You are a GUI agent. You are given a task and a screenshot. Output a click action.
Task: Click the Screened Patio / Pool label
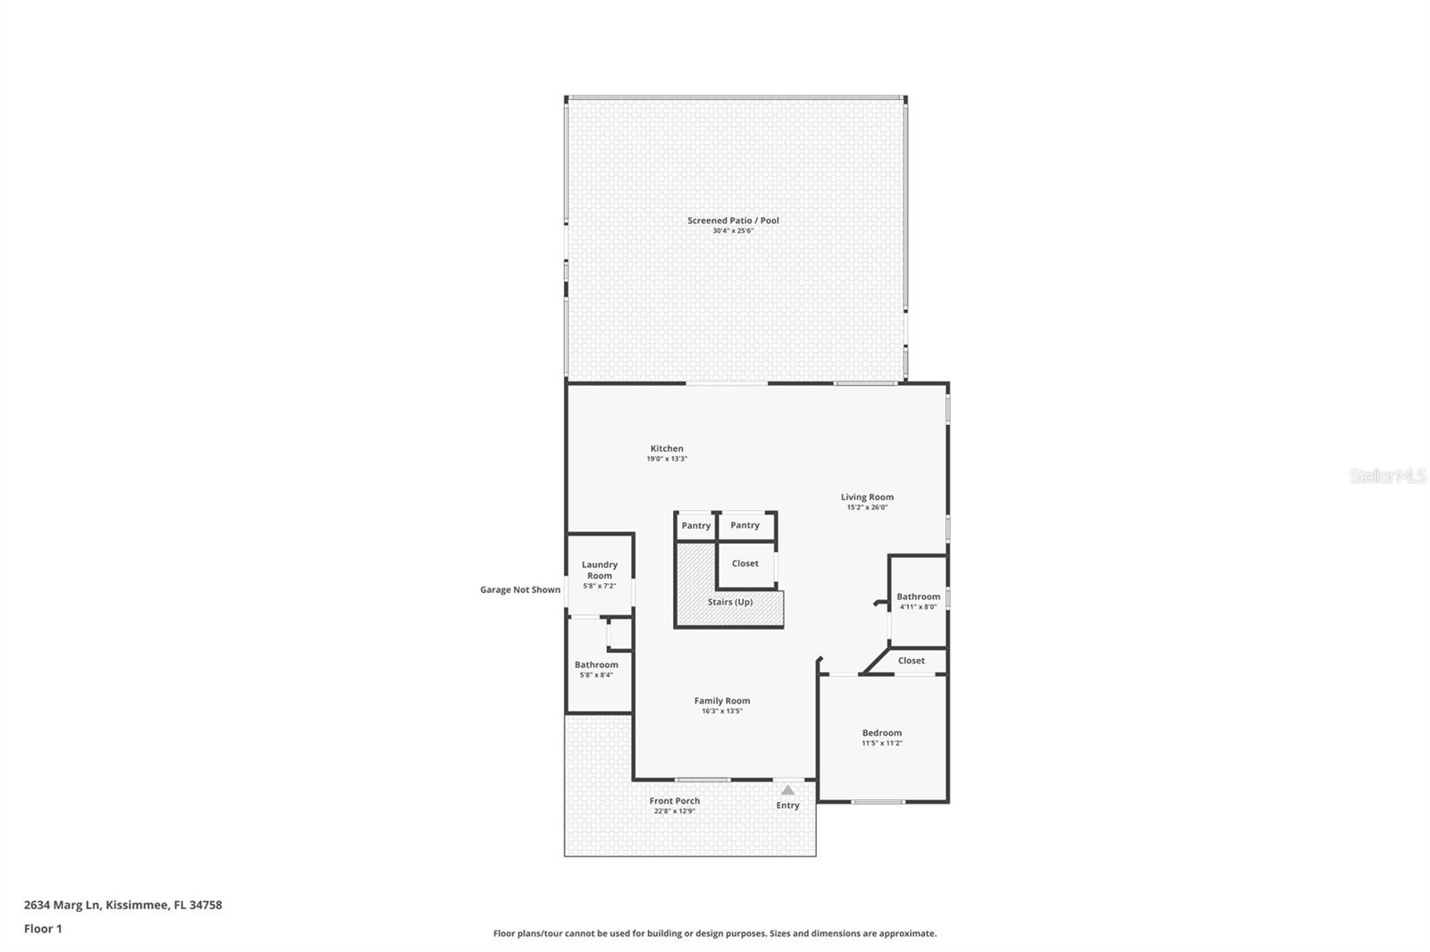click(x=733, y=221)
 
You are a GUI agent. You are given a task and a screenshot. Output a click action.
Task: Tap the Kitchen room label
click(x=667, y=449)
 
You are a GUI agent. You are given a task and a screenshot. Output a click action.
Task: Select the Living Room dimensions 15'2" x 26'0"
click(x=867, y=507)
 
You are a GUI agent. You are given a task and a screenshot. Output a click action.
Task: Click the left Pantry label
click(x=695, y=525)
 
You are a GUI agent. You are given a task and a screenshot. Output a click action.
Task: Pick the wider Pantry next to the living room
click(x=744, y=525)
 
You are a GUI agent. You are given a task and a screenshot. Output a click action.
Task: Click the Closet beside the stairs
click(x=744, y=564)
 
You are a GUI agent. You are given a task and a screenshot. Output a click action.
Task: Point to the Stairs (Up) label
click(x=730, y=602)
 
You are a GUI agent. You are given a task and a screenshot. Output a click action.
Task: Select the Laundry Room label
click(x=600, y=570)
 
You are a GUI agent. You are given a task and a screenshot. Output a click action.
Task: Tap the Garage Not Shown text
click(x=520, y=589)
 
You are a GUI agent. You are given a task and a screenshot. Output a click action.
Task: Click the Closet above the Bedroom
click(x=911, y=661)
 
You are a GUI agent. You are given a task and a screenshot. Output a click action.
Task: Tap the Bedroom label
click(x=881, y=733)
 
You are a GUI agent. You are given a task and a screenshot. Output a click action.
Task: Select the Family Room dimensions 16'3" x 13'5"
click(x=722, y=711)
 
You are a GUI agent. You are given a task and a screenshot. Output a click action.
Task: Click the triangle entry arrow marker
click(x=787, y=790)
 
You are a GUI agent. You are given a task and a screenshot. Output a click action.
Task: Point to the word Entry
click(x=787, y=806)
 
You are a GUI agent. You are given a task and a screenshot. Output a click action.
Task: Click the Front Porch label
click(x=675, y=801)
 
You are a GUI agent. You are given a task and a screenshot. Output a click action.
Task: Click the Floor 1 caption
click(x=43, y=929)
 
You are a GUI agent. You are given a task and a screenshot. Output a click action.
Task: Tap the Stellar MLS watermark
click(x=1387, y=476)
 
